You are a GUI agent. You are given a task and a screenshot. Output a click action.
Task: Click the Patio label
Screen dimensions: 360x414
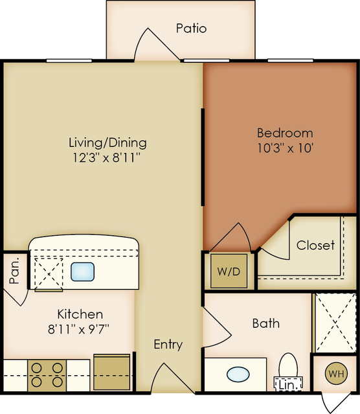(x=192, y=29)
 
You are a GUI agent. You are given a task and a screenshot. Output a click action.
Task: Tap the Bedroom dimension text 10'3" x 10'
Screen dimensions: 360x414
(x=285, y=148)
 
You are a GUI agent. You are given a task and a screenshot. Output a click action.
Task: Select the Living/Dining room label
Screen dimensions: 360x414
(x=107, y=143)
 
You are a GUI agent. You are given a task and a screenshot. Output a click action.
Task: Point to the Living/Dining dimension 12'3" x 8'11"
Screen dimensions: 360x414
(x=106, y=158)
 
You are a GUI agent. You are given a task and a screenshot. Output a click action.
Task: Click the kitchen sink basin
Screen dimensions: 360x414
(x=82, y=271)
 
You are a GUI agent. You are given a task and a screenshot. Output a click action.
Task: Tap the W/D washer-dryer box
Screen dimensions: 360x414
(x=229, y=271)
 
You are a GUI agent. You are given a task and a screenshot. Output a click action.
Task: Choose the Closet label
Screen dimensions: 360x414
(x=315, y=246)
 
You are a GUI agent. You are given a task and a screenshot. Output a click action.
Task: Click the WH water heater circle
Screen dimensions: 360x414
(x=337, y=374)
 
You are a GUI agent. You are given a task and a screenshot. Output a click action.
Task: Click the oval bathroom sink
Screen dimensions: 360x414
(x=238, y=374)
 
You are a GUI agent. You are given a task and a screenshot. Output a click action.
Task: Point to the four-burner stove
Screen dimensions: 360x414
(x=47, y=375)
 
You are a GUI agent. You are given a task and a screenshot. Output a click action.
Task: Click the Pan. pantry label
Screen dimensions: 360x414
(x=14, y=270)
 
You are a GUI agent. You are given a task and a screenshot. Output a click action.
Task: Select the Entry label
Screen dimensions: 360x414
(x=168, y=345)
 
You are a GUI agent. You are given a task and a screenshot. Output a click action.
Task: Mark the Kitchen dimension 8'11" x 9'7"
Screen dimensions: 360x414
(x=78, y=329)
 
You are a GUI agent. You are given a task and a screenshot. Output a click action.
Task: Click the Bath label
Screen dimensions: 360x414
(x=265, y=323)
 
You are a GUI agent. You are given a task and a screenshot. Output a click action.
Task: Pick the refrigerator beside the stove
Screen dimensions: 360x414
(x=112, y=373)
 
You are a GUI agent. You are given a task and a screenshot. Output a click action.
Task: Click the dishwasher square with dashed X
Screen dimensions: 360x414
(x=49, y=274)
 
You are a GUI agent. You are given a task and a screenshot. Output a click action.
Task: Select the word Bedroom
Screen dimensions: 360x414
(x=285, y=133)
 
